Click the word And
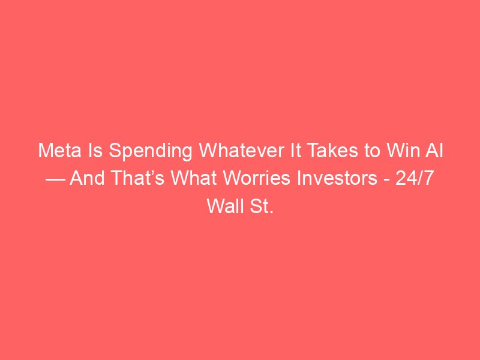87,178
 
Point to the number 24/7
415,178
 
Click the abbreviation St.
262,206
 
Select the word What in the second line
193,178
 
